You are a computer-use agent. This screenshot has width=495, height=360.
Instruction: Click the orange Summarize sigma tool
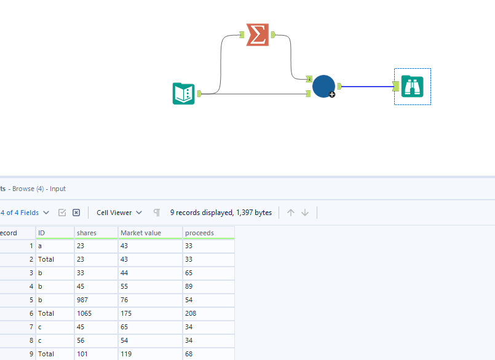[258, 35]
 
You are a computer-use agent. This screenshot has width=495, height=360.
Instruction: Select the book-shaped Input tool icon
[184, 93]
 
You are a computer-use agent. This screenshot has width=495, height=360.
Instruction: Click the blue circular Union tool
[323, 86]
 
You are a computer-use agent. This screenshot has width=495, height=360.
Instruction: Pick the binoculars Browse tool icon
[412, 86]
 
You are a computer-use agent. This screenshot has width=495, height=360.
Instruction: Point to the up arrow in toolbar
[291, 213]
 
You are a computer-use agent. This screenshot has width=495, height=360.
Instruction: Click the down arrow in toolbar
[305, 213]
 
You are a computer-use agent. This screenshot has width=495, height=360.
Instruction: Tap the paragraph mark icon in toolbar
[157, 213]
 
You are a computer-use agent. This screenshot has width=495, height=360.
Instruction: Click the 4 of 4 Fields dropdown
[25, 213]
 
